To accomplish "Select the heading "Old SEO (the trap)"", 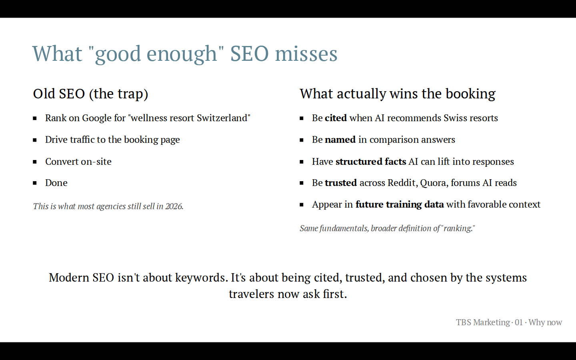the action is tap(90, 94).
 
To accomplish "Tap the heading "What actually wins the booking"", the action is tap(398, 94).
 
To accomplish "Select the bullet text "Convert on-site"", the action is tap(78, 162).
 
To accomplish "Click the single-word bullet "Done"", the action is tap(56, 183).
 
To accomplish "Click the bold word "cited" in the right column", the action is tap(336, 118).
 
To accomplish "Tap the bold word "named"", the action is tap(340, 140).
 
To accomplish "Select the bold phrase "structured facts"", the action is tap(371, 162).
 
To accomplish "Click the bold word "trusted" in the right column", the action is tap(341, 183).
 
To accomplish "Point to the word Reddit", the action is tap(402, 183).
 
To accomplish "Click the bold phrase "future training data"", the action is tap(400, 205).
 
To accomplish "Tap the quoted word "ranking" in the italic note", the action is tap(457, 228).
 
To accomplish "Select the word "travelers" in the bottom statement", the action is tap(252, 294).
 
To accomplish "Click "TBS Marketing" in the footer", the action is tap(483, 322).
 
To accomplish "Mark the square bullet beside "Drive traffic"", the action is tap(35, 140).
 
